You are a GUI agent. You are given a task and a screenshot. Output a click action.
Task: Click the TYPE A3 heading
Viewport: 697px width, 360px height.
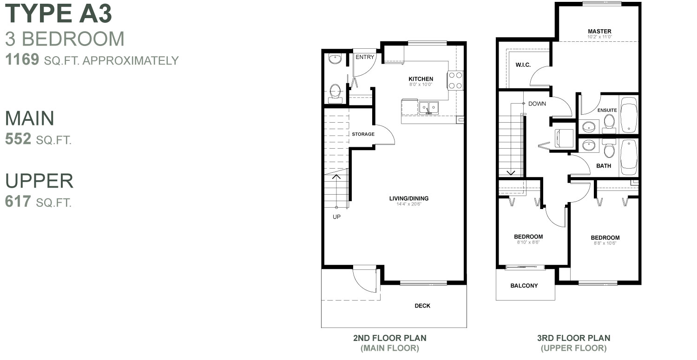59,14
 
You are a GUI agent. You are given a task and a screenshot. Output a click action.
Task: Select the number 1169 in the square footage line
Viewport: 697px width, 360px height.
22,60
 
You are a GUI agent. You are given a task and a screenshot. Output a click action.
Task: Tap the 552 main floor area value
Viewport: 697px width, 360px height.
18,139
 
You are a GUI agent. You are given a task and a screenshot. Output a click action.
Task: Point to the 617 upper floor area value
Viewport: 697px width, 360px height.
18,201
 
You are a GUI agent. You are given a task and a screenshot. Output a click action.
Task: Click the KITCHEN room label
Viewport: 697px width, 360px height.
421,79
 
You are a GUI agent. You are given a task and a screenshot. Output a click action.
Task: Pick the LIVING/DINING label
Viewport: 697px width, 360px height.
408,198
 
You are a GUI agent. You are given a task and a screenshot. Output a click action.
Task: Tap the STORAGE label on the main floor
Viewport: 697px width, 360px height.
363,134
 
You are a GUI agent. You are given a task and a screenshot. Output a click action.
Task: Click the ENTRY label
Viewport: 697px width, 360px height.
364,57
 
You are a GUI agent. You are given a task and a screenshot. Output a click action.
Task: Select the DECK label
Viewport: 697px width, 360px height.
422,306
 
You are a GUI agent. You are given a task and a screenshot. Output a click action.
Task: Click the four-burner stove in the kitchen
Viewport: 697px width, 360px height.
455,80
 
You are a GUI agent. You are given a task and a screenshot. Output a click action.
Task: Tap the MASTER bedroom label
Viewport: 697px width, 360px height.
599,31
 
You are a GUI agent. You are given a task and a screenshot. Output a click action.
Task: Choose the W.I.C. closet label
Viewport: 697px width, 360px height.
523,65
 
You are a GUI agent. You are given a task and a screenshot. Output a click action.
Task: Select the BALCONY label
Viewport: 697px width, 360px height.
524,286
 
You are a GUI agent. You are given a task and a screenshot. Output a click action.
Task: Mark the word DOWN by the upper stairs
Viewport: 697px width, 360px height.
537,104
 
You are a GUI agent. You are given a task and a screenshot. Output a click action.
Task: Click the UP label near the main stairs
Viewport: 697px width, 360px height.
336,216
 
